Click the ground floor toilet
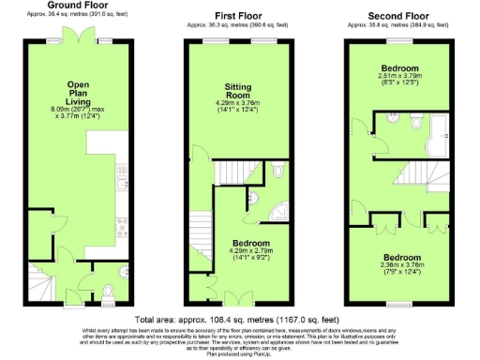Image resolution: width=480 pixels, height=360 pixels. click(x=110, y=290)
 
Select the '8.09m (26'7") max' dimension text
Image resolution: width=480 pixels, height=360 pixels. click(x=78, y=108)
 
